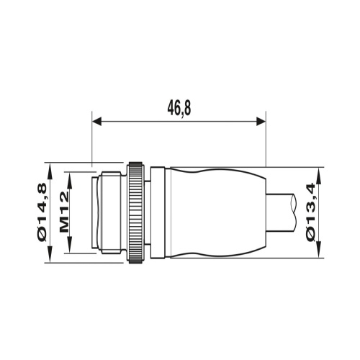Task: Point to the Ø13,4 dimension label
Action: tap(310, 213)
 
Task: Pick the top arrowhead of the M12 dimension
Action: tap(70, 176)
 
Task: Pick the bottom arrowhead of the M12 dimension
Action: tap(70, 249)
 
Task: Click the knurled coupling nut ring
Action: tap(135, 212)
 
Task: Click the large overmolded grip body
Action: tap(209, 212)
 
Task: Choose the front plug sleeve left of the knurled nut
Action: tap(108, 212)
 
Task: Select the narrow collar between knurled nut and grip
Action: tap(149, 212)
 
